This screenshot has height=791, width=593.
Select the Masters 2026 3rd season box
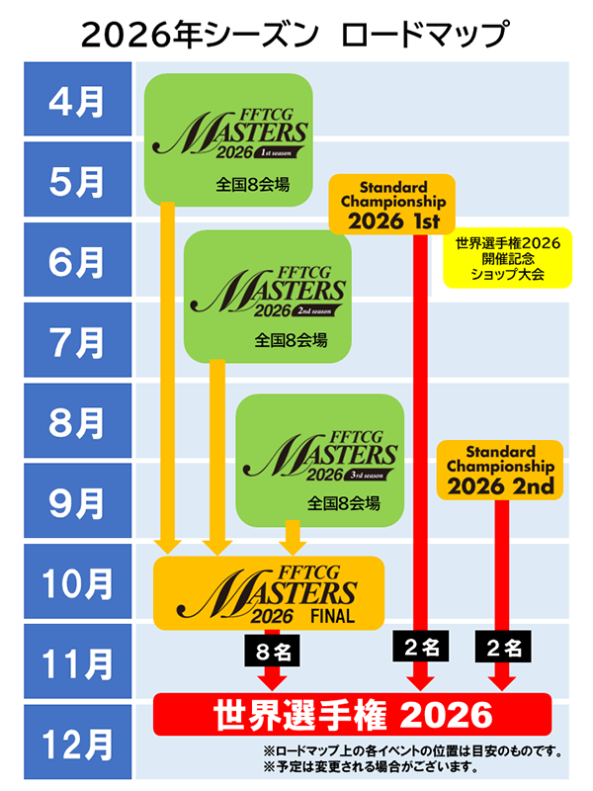coord(320,458)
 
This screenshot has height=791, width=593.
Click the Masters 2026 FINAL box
coord(268,593)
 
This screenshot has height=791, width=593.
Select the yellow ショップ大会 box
coord(507,259)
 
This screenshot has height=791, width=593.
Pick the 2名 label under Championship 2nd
coord(504,648)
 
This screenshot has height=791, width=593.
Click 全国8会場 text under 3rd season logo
coord(320,502)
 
